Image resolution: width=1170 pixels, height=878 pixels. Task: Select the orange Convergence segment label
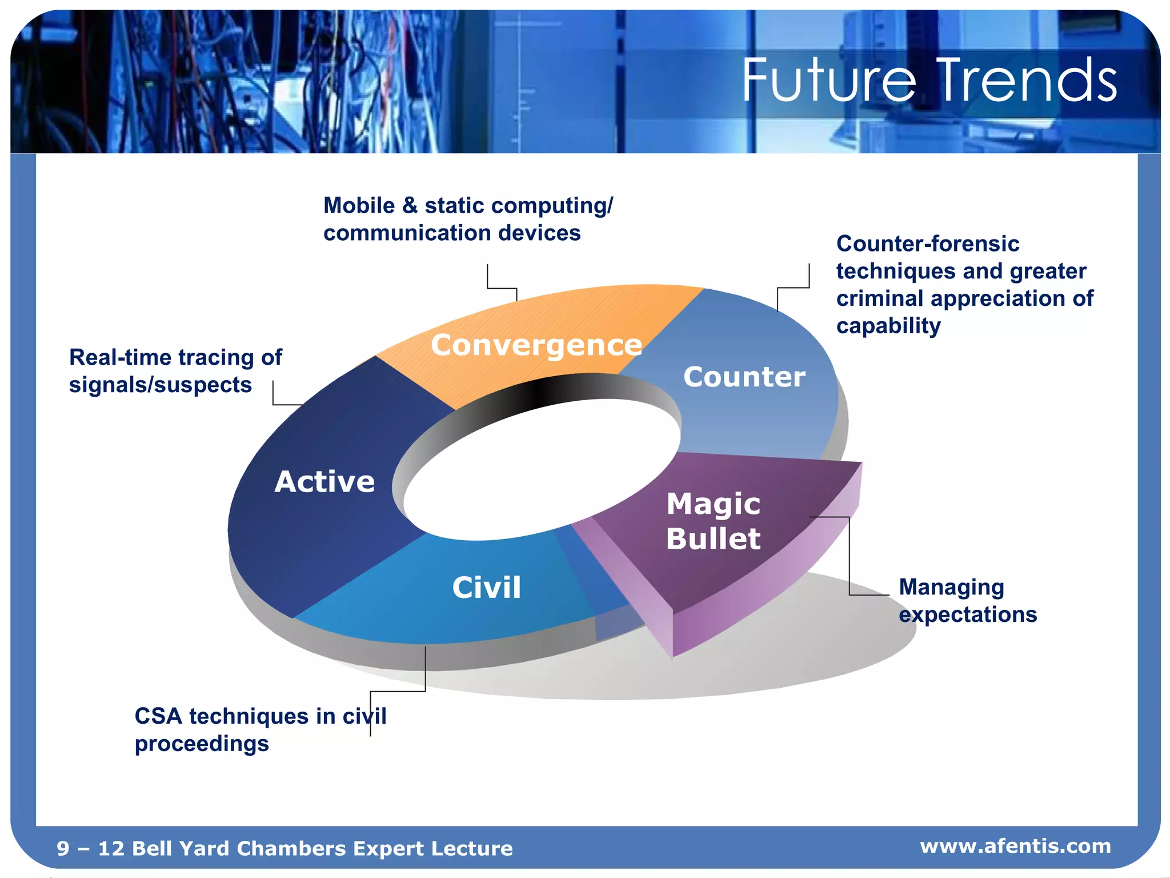[536, 345]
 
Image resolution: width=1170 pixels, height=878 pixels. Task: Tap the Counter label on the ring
[744, 377]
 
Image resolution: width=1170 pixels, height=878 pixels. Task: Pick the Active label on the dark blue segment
[324, 481]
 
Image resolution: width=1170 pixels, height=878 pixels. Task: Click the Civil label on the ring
[486, 587]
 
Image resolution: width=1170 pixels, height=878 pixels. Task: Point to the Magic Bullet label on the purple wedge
[713, 521]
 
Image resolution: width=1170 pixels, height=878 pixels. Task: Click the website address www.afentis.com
[1015, 845]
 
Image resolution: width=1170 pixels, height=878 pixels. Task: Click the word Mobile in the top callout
[359, 206]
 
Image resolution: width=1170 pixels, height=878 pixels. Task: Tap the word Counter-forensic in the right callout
[927, 244]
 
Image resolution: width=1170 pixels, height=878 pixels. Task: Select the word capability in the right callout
[888, 326]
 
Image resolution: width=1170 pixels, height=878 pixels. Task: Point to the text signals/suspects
[160, 385]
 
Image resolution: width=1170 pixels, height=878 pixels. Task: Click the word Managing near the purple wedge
[951, 587]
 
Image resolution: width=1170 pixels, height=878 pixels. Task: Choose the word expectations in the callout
[967, 615]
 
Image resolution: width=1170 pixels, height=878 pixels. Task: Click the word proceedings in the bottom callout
[202, 744]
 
